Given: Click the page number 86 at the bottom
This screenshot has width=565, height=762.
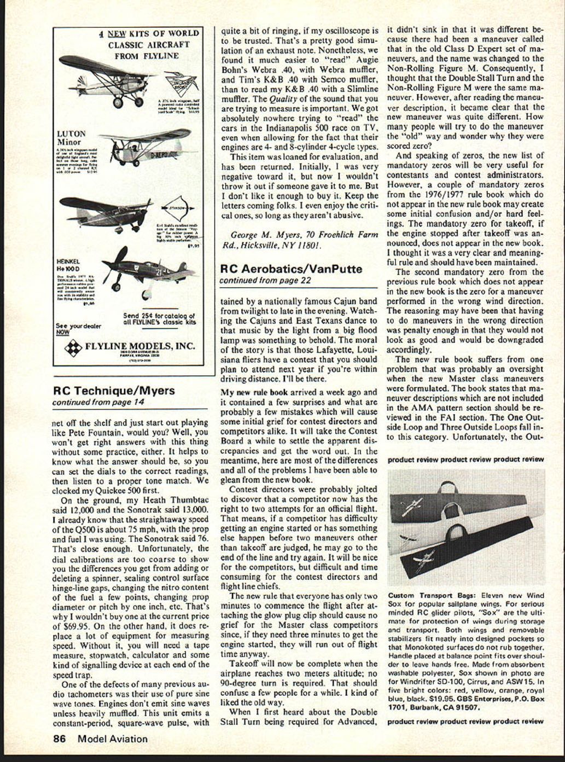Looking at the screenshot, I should [x=59, y=738].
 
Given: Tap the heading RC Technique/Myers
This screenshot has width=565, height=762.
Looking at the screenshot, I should [x=114, y=391].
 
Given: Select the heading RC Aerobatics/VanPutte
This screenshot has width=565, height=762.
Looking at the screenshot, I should [x=290, y=269].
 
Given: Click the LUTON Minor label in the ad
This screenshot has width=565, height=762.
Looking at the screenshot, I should [x=71, y=138].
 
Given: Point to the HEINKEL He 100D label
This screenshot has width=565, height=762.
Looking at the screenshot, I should [x=68, y=265].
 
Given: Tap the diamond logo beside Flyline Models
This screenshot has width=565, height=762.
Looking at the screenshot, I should [x=73, y=347].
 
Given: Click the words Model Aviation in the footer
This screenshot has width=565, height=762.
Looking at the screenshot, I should [x=112, y=738].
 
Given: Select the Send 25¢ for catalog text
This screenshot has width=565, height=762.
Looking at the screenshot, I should [x=159, y=316].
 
